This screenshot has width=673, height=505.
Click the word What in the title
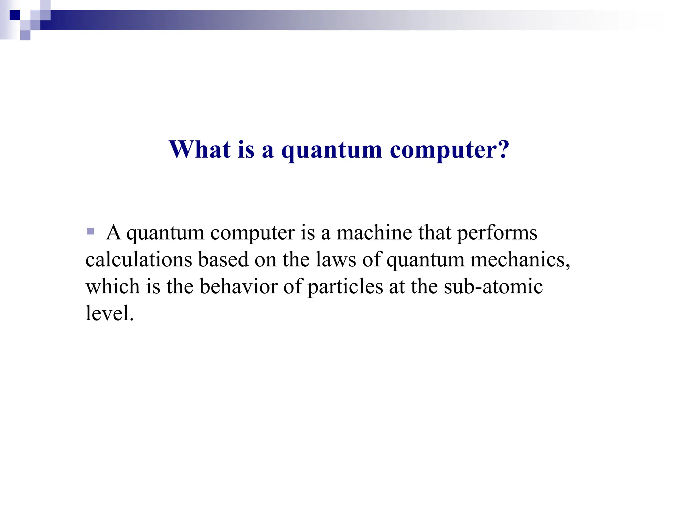pos(199,150)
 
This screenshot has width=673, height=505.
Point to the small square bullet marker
pos(90,231)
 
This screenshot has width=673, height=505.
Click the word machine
pos(374,233)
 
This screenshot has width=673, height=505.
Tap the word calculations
pos(139,259)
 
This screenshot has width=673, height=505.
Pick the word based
pos(223,259)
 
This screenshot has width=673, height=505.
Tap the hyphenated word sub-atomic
pos(493,286)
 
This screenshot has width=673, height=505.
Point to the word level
pos(109,313)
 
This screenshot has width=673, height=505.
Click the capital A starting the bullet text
pos(113,233)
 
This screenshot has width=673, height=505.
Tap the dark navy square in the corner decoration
pos(15,15)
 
